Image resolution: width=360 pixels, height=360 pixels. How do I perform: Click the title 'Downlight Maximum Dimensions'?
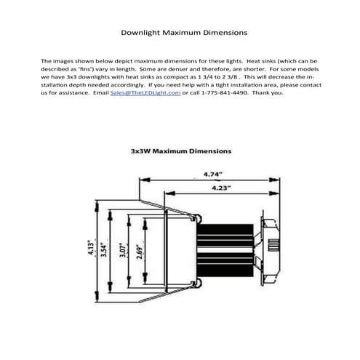184,33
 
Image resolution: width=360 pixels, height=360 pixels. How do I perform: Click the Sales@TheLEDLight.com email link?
145,93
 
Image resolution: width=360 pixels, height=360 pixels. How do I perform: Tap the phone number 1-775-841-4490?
225,92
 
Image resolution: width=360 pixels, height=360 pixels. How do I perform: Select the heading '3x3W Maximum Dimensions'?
181,151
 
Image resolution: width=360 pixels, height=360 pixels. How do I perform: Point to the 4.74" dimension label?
213,174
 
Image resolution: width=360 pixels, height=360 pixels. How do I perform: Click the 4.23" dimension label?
221,188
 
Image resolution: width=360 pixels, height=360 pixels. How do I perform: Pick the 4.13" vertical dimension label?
91,247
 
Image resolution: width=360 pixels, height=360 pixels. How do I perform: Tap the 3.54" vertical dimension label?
104,249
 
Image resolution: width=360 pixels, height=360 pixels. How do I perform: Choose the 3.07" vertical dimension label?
123,250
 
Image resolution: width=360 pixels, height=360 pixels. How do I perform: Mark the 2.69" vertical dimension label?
140,252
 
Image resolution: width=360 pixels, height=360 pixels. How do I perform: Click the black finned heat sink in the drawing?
225,250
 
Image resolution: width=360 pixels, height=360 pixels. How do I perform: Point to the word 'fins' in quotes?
86,69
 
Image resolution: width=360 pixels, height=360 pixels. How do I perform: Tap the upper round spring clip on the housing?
197,218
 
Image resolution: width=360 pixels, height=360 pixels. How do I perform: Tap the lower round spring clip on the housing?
197,283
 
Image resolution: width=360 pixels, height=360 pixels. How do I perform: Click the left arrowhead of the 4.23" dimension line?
170,193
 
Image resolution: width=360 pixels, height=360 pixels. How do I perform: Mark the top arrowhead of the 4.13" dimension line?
97,206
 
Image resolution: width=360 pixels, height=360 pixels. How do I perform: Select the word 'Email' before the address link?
101,92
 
